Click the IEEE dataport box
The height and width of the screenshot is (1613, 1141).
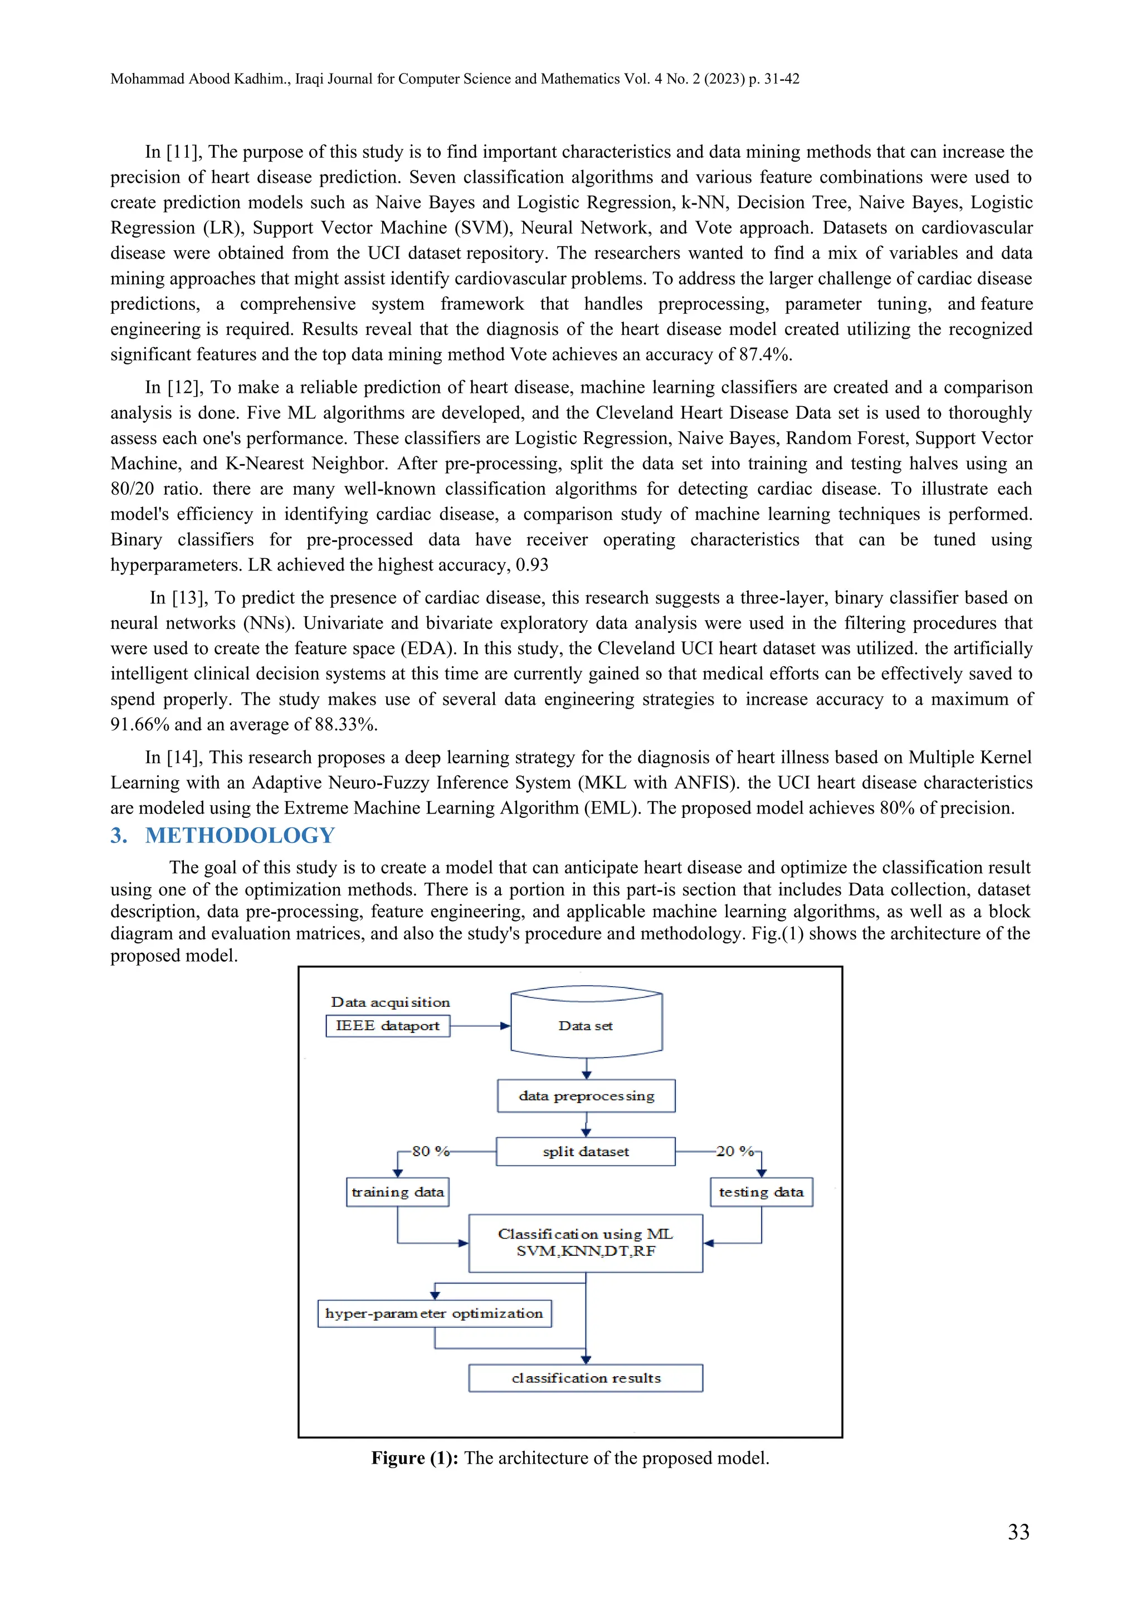(388, 1026)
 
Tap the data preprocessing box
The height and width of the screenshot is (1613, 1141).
(586, 1096)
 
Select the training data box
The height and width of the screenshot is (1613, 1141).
(398, 1192)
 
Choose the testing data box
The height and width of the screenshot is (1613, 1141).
(761, 1192)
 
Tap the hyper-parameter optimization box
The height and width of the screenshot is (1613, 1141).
(434, 1313)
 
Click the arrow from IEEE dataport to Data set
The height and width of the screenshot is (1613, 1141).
(480, 1026)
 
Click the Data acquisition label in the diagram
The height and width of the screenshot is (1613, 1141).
(390, 1002)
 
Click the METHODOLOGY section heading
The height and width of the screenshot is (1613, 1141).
(240, 835)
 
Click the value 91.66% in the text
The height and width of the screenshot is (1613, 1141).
(139, 724)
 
